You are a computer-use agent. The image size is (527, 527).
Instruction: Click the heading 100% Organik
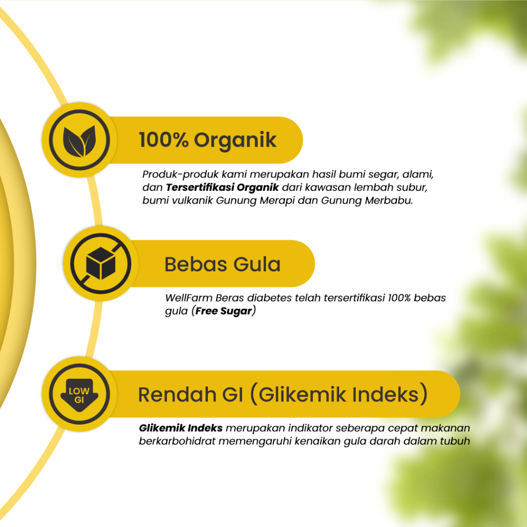click(x=208, y=140)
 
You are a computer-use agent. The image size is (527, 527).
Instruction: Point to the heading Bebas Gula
click(x=222, y=265)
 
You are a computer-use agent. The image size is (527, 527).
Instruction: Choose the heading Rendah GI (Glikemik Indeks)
click(x=283, y=395)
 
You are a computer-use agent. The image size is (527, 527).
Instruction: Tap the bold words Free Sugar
click(x=224, y=312)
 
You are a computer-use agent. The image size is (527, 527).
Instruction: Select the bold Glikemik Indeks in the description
click(x=181, y=428)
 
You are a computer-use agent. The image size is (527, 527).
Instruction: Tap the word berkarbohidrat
click(x=172, y=442)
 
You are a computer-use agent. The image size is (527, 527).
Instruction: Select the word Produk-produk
click(x=169, y=174)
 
